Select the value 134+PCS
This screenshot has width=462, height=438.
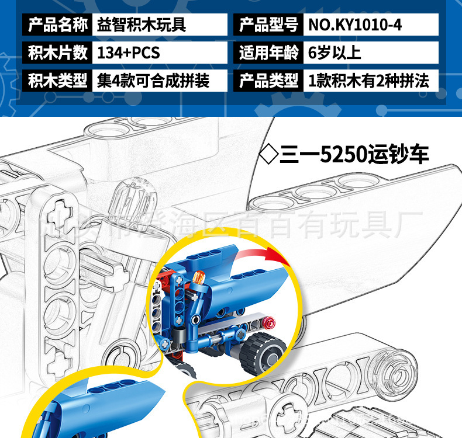pos(128,53)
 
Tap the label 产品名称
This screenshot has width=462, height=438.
pos(57,25)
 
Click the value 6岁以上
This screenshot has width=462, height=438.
pos(335,53)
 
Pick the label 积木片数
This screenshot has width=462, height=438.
pos(57,53)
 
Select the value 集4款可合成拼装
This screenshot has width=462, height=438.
pos(153,81)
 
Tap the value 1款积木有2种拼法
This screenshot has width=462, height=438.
pos(368,81)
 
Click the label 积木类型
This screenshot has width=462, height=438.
pos(57,81)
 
